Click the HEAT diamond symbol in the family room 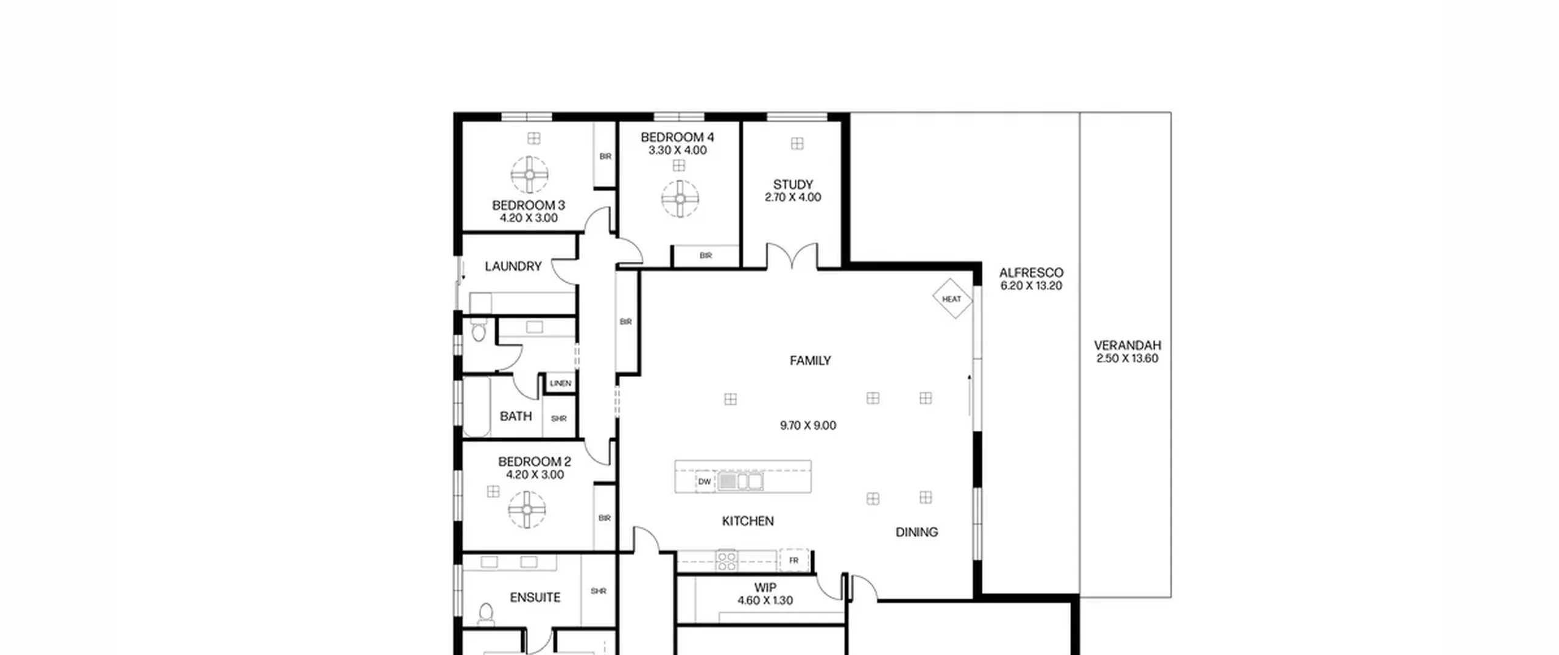952,299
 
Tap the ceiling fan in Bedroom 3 530,174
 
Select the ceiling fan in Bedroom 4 680,199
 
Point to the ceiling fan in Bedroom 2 527,510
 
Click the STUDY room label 793,184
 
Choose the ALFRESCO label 1031,272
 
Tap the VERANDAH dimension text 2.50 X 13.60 1127,358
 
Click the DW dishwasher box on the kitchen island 705,481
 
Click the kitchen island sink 740,481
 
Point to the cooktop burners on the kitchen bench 727,561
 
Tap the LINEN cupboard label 560,383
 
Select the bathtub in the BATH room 476,406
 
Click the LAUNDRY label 513,266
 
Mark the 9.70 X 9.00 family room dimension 808,425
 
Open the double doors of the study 792,255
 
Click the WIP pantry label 765,587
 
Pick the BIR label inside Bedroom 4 706,255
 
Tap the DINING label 917,532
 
